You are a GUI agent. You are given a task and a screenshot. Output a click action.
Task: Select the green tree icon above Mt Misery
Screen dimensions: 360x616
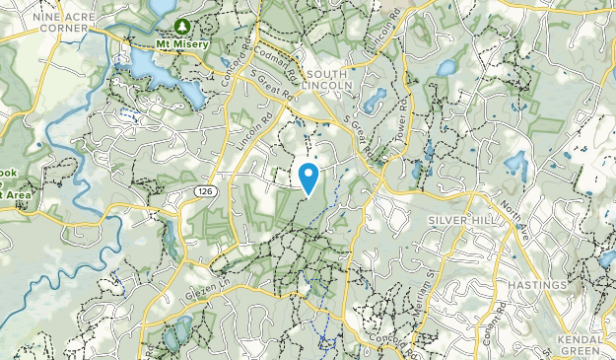pos(181,27)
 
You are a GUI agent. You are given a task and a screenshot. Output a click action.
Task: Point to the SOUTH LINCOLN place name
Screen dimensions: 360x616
pos(328,80)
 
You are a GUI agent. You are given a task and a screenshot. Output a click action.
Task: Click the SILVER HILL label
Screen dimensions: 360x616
pos(464,219)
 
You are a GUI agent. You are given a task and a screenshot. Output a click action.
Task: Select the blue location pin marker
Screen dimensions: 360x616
pos(308,178)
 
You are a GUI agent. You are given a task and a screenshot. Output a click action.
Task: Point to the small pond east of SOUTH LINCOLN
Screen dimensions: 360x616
pos(376,100)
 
